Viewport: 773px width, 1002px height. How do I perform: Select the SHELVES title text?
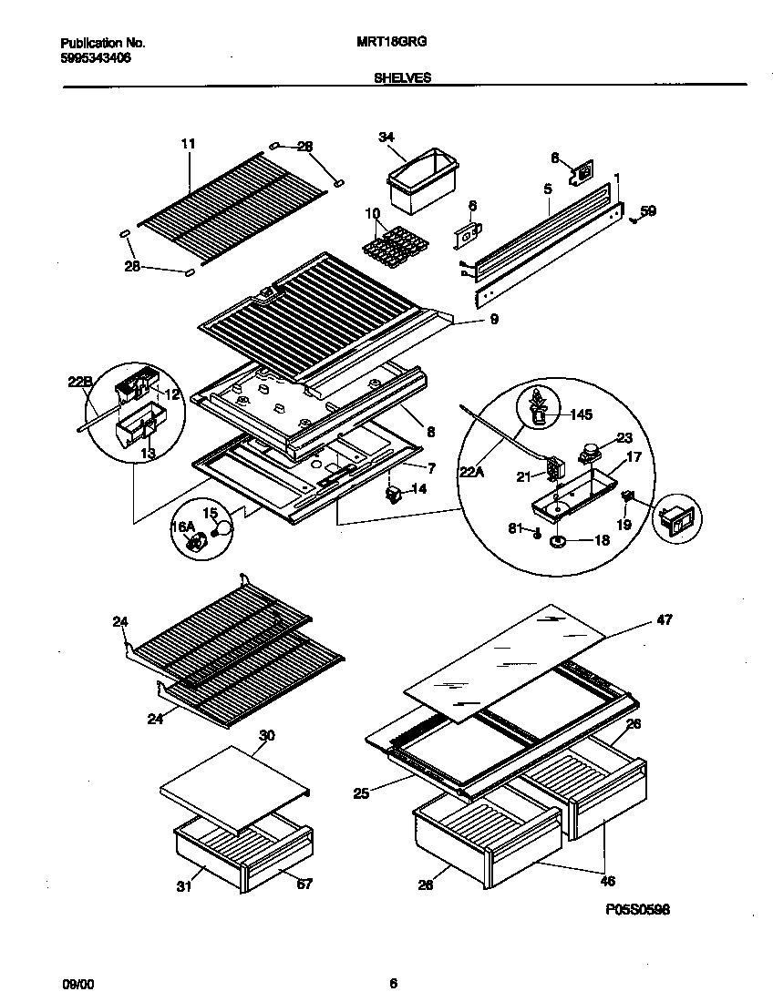tap(402, 78)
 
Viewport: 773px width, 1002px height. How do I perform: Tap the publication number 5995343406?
tap(95, 56)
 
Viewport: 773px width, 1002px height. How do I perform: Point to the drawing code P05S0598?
tap(637, 909)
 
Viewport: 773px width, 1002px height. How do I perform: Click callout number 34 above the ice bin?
tap(386, 138)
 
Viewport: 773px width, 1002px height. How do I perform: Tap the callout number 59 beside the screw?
tap(647, 211)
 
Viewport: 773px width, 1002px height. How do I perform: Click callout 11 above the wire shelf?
tap(189, 144)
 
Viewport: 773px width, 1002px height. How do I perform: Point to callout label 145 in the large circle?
tap(581, 414)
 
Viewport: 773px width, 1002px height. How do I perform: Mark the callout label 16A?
tap(182, 527)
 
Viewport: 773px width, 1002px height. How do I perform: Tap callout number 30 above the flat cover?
tap(267, 735)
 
